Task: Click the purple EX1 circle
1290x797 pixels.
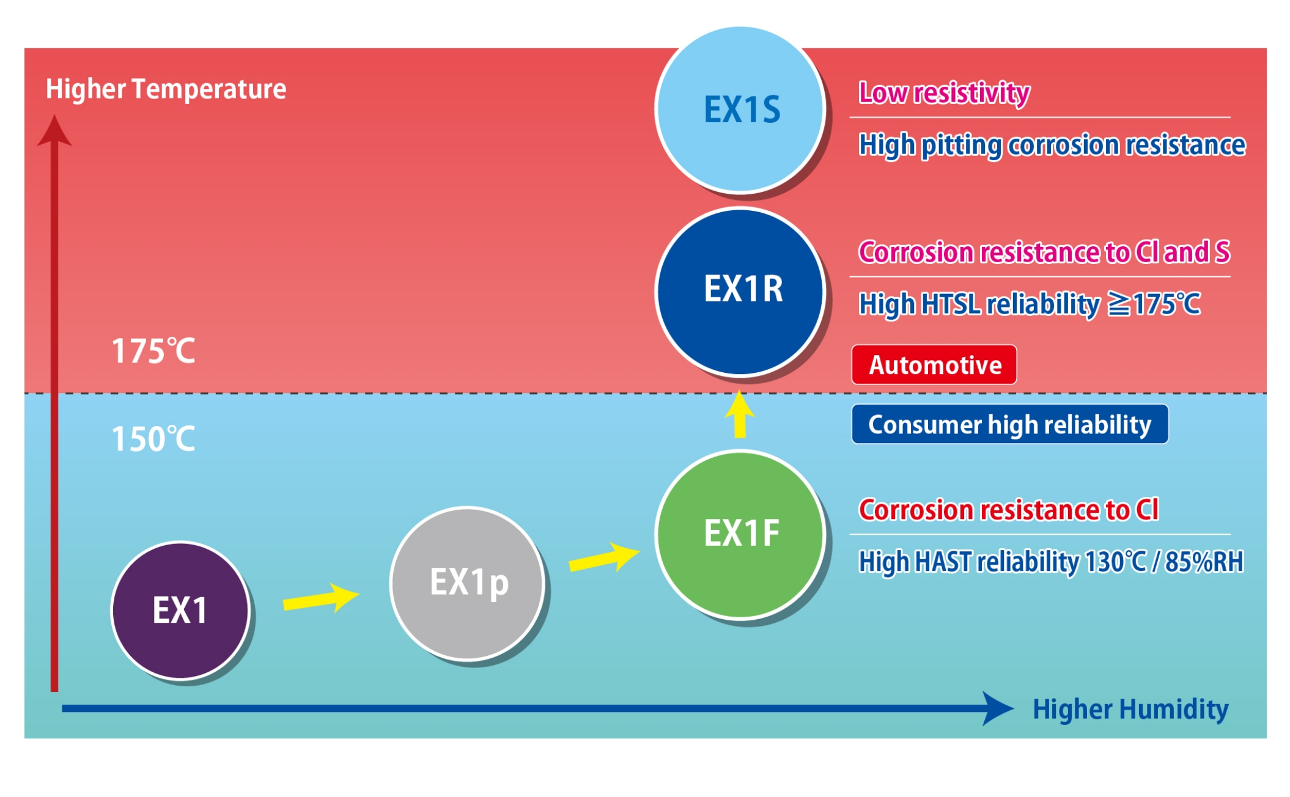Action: (x=180, y=610)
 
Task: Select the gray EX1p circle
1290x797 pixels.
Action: (x=468, y=583)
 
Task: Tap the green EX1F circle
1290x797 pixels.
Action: (x=740, y=534)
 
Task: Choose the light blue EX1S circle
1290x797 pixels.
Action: (x=740, y=110)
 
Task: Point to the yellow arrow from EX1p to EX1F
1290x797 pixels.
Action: (x=604, y=557)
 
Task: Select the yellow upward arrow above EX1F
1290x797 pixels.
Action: (x=740, y=414)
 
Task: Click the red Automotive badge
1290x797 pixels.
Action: (x=934, y=365)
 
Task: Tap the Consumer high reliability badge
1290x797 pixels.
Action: (x=1010, y=424)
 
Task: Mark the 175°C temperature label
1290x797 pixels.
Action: (x=153, y=351)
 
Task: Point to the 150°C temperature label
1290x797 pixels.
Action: (x=153, y=439)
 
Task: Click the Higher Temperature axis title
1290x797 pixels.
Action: (x=166, y=89)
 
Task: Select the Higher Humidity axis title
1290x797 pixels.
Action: (x=1130, y=710)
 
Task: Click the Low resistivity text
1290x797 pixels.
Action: (x=945, y=93)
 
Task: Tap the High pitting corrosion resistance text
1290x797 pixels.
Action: (x=1052, y=145)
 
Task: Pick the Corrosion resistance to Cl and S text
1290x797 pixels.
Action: (x=1044, y=252)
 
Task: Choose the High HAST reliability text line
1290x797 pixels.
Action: (x=1051, y=562)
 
